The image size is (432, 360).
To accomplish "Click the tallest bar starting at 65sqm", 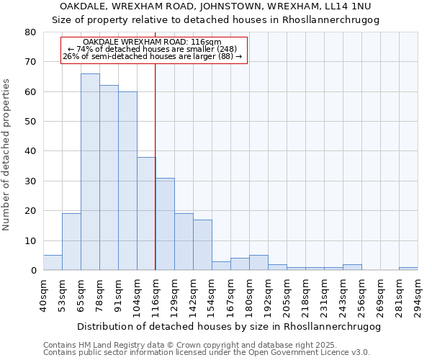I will tap(90, 172).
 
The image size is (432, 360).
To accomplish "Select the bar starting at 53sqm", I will tap(71, 242).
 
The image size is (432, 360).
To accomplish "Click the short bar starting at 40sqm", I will tap(53, 263).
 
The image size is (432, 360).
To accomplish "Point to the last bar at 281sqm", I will tap(408, 269).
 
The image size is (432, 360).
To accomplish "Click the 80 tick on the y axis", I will tap(30, 32).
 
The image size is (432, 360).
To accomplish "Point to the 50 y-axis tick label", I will tap(30, 122).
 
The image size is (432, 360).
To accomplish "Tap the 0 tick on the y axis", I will tap(32, 271).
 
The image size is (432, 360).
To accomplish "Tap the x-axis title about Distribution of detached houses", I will tap(228, 326).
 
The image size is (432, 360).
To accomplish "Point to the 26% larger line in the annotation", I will tap(153, 56).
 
